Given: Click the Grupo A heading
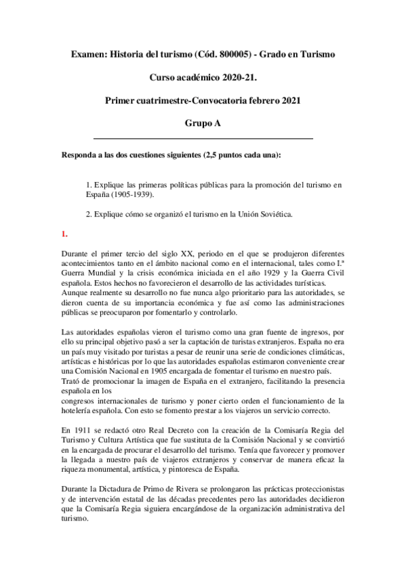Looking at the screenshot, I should (x=203, y=125).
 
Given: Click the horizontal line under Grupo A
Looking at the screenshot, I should (x=203, y=138).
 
